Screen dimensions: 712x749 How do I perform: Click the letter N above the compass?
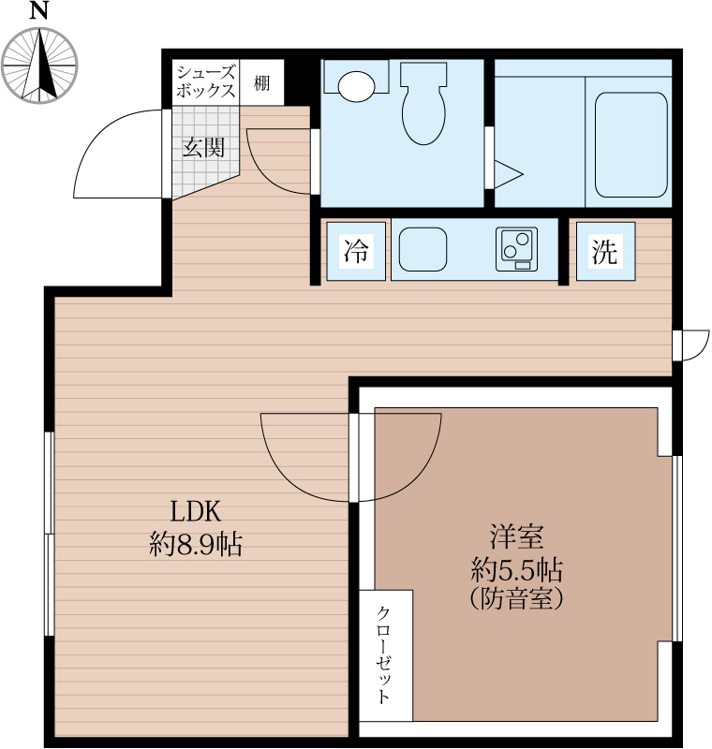click(x=39, y=10)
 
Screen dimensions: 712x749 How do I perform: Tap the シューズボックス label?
click(x=206, y=81)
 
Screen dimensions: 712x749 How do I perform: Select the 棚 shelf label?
click(x=261, y=83)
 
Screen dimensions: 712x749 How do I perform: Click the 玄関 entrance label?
click(x=204, y=147)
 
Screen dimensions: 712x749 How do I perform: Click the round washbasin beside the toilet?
click(x=355, y=86)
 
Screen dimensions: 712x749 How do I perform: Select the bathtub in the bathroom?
click(x=630, y=144)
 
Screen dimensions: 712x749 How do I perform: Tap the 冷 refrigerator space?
click(x=356, y=251)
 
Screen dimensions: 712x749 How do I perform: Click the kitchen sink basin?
click(x=423, y=249)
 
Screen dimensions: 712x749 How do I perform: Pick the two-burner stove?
click(x=516, y=249)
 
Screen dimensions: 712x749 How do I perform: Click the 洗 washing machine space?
click(x=605, y=251)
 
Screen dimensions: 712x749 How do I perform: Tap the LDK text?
click(x=196, y=511)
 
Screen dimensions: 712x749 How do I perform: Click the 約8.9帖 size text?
click(x=196, y=544)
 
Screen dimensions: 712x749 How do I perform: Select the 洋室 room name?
click(x=516, y=536)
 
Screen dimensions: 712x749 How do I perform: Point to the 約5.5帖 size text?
click(x=516, y=568)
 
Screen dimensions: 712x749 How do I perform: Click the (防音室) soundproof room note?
click(x=516, y=598)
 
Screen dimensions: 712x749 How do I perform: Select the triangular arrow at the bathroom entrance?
click(x=509, y=174)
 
